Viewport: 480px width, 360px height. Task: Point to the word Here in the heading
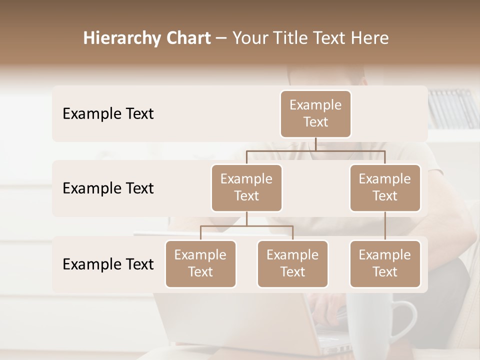tap(369, 38)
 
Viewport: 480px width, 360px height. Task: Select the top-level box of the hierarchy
tap(315, 113)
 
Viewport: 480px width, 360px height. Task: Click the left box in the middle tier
tap(246, 187)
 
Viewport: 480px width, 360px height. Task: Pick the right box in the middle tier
tap(385, 187)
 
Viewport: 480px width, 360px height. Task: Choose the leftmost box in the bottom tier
tap(200, 263)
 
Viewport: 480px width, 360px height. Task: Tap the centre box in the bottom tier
tap(292, 263)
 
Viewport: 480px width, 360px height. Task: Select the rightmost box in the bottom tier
tap(385, 263)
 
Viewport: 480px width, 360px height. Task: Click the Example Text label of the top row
tap(108, 113)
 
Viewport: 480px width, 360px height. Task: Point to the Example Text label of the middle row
tap(108, 188)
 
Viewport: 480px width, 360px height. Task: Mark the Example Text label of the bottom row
tap(108, 264)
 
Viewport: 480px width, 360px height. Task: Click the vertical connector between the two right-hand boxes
tap(385, 226)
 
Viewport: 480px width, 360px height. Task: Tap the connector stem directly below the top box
tap(315, 144)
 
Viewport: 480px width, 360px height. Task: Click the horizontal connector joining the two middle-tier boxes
tap(315, 150)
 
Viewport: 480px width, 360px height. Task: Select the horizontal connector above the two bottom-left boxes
tap(246, 226)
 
